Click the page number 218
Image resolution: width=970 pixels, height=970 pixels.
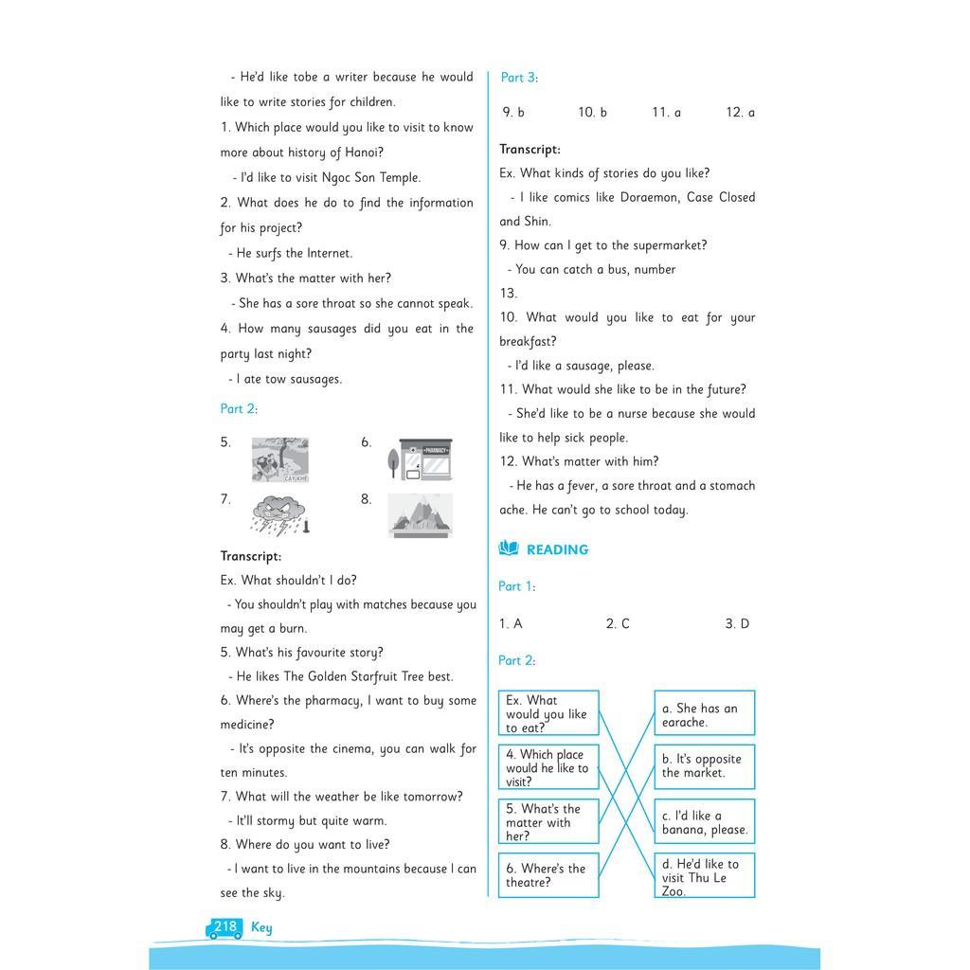[225, 927]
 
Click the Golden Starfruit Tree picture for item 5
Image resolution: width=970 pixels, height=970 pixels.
[280, 459]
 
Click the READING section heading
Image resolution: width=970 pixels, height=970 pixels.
[557, 549]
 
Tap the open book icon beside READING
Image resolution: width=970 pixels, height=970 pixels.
[509, 548]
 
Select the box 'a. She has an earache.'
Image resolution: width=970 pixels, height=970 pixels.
[704, 713]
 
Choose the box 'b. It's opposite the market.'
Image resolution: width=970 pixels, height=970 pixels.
[704, 766]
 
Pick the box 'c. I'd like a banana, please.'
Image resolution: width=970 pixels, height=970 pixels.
[704, 821]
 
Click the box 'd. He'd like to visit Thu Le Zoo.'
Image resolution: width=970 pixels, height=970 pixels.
[704, 876]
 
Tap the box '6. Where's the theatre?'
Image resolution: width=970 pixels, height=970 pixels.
[548, 875]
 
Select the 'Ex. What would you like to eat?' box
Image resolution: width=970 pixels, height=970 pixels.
[548, 713]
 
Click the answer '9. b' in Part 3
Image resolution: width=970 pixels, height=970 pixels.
[513, 113]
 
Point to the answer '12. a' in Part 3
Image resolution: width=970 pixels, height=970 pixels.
[741, 113]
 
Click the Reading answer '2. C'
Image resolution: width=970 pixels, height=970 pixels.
[618, 623]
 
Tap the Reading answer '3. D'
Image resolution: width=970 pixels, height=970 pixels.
[737, 623]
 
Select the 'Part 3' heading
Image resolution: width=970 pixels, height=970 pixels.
[518, 78]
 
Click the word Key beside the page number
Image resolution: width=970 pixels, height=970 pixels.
[261, 927]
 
